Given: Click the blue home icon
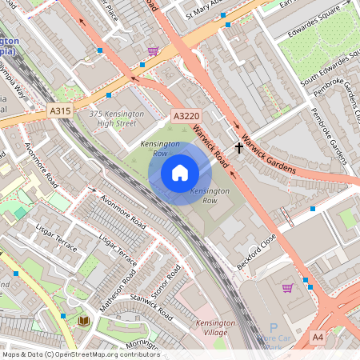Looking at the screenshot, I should click(180, 173).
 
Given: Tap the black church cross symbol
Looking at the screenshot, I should click(238, 148).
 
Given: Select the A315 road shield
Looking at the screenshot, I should click(59, 111).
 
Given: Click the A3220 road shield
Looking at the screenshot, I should click(186, 117).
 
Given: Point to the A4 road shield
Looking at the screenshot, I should click(318, 338).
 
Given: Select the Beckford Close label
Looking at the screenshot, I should click(256, 251).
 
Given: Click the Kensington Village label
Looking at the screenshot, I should click(215, 328).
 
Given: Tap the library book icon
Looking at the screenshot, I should click(83, 321).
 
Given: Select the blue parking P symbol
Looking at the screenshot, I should click(273, 328).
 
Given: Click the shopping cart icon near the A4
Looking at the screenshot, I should click(287, 288).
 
